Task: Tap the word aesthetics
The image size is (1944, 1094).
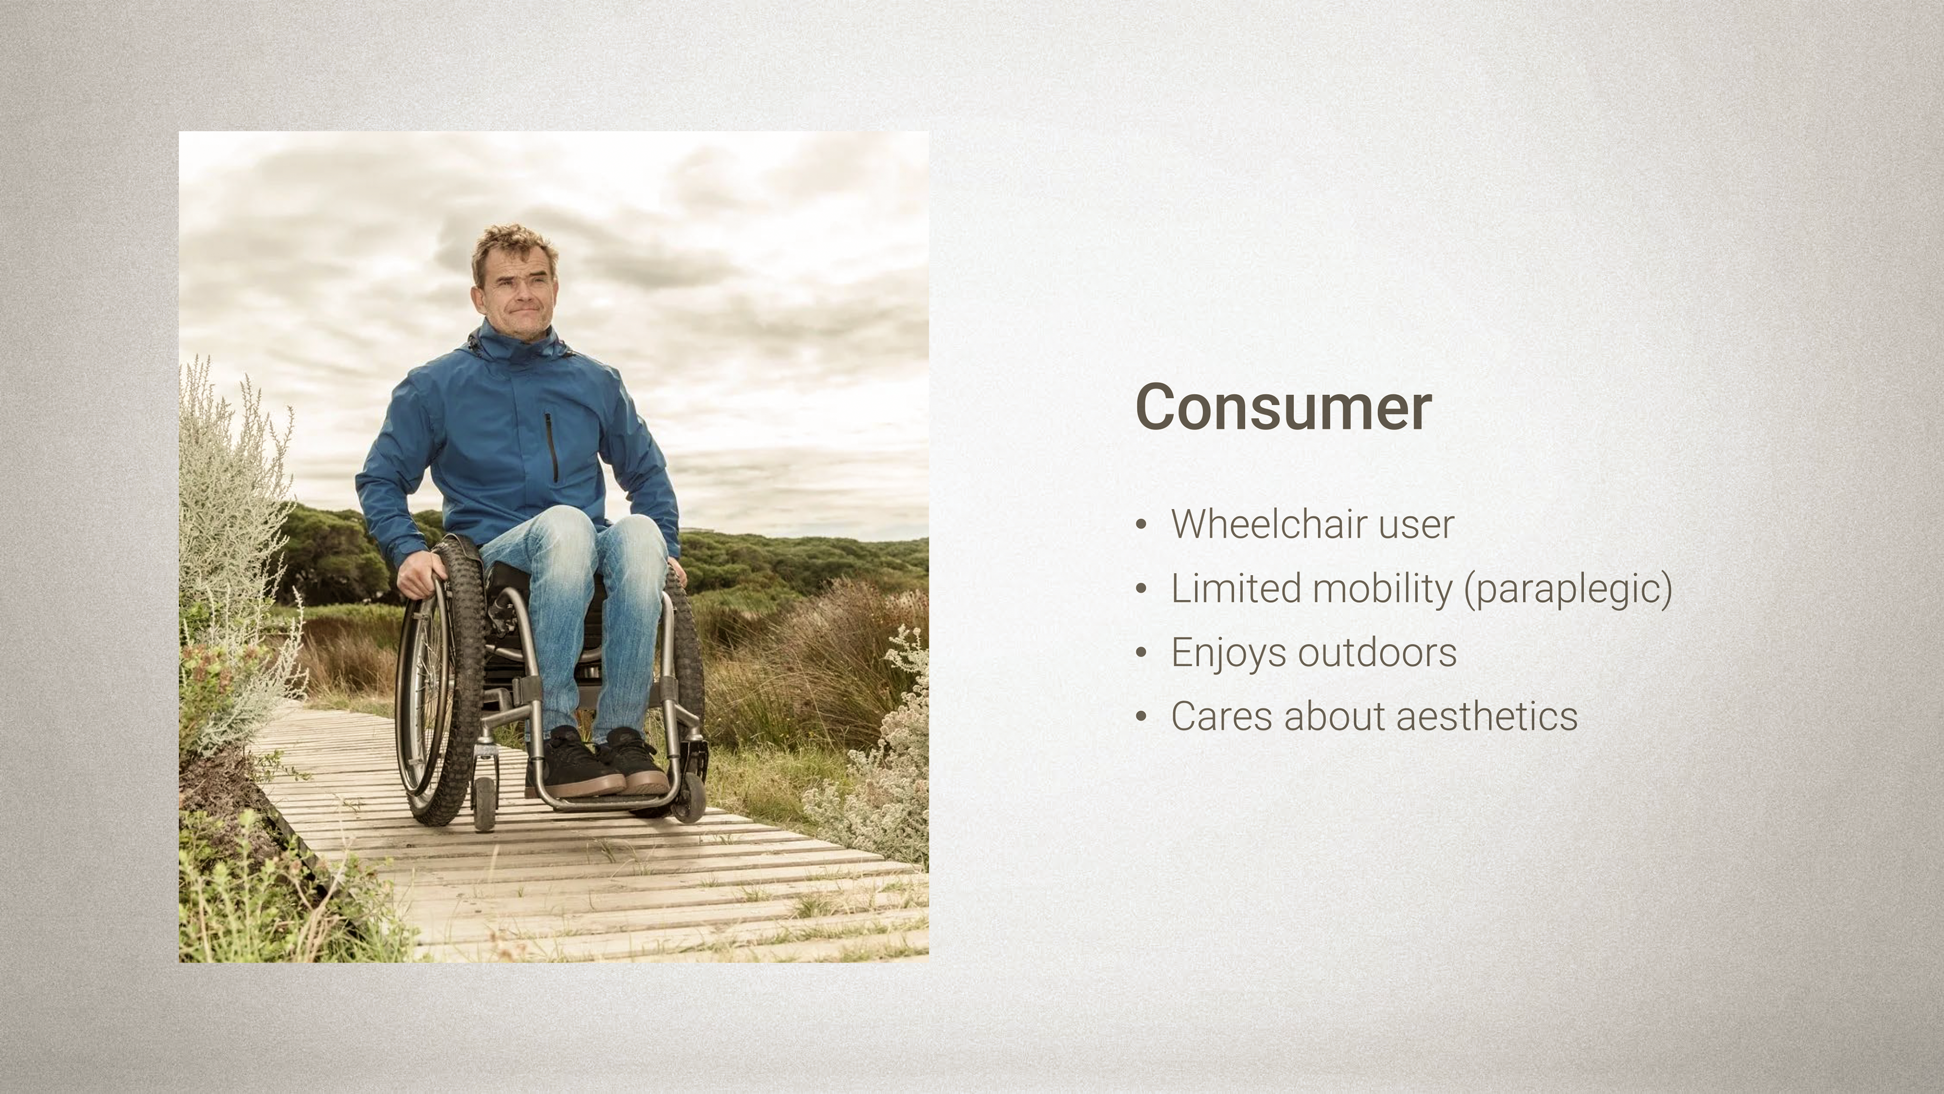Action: [1487, 717]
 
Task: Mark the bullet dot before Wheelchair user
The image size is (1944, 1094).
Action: [1141, 525]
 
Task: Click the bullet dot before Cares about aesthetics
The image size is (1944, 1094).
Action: [1141, 717]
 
